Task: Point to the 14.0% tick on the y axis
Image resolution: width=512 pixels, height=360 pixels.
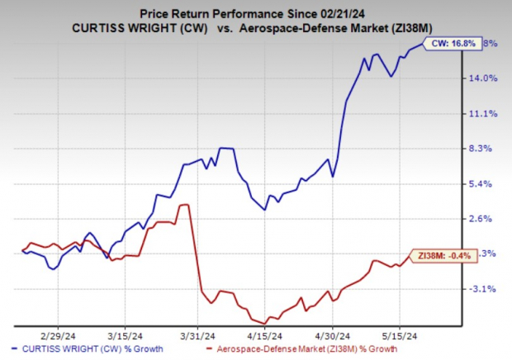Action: coord(484,78)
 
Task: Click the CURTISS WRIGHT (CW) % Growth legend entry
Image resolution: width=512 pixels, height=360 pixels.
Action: coord(88,350)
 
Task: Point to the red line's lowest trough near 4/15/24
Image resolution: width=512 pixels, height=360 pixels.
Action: coord(264,323)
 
